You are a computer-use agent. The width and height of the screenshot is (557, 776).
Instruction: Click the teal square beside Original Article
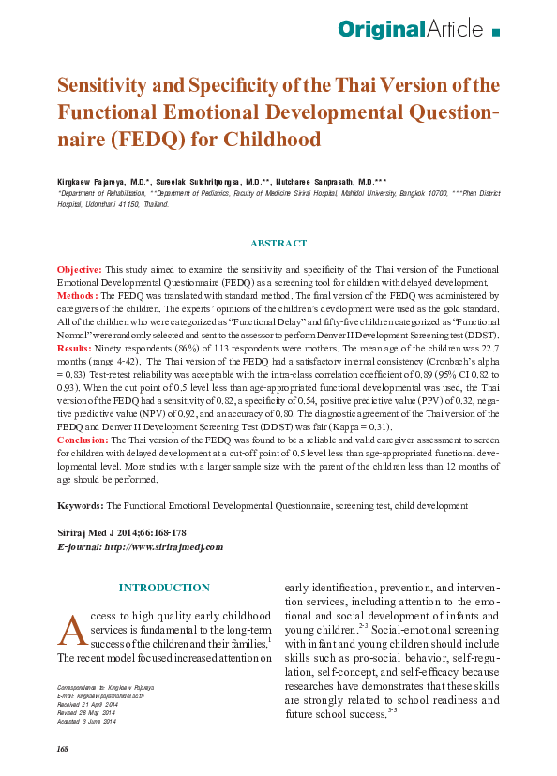click(x=496, y=31)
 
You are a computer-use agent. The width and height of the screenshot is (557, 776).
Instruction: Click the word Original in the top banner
click(x=382, y=29)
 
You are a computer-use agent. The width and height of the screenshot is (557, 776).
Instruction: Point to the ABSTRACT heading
click(x=278, y=244)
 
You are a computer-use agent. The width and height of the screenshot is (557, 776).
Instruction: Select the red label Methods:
click(x=79, y=294)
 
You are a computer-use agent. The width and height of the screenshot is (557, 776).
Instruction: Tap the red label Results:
click(x=78, y=348)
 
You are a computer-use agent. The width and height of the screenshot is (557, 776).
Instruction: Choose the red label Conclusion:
click(x=87, y=439)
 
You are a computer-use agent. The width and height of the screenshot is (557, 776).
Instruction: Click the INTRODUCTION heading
click(x=163, y=588)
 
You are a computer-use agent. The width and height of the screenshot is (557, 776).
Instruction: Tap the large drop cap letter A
click(x=72, y=631)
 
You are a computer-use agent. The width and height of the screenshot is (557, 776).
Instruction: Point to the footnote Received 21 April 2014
click(x=86, y=705)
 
